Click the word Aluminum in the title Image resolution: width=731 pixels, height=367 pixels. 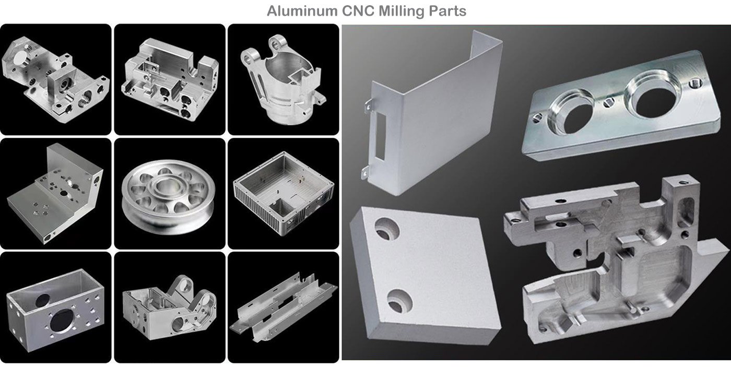coord(302,11)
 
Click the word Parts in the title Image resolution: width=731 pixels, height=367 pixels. coord(447,11)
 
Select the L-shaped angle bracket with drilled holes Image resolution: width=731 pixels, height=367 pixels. coord(55,194)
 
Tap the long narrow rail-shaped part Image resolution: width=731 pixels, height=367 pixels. coord(283,306)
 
